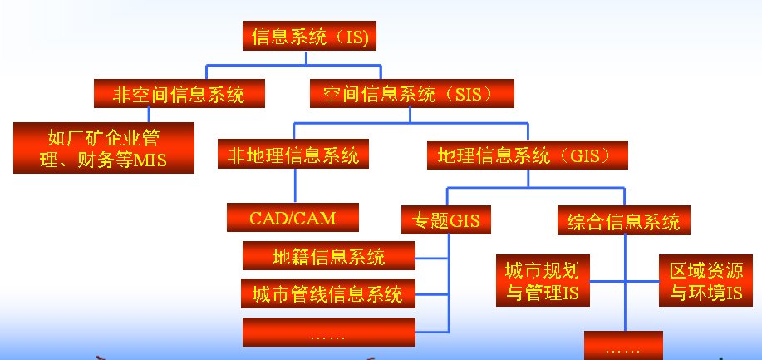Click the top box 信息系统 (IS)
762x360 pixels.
310,36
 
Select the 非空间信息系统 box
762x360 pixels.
179,93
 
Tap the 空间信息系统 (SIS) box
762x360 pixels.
412,93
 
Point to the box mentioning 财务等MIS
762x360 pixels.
104,148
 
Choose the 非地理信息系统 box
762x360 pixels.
293,154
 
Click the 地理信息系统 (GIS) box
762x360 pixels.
528,155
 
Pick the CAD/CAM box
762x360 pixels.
293,218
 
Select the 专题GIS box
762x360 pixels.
445,219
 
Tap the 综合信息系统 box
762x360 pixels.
623,220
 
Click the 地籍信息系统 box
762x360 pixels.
329,256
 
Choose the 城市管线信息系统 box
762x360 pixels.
328,293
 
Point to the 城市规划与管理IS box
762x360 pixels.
543,280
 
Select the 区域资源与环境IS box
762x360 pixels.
707,280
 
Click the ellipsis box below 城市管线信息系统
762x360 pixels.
329,333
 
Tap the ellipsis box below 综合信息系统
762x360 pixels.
623,345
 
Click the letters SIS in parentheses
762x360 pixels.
468,94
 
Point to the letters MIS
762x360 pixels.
150,160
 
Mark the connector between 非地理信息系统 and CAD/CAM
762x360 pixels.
295,186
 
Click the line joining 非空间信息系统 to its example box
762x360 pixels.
149,116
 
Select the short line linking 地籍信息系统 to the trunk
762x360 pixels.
431,258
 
